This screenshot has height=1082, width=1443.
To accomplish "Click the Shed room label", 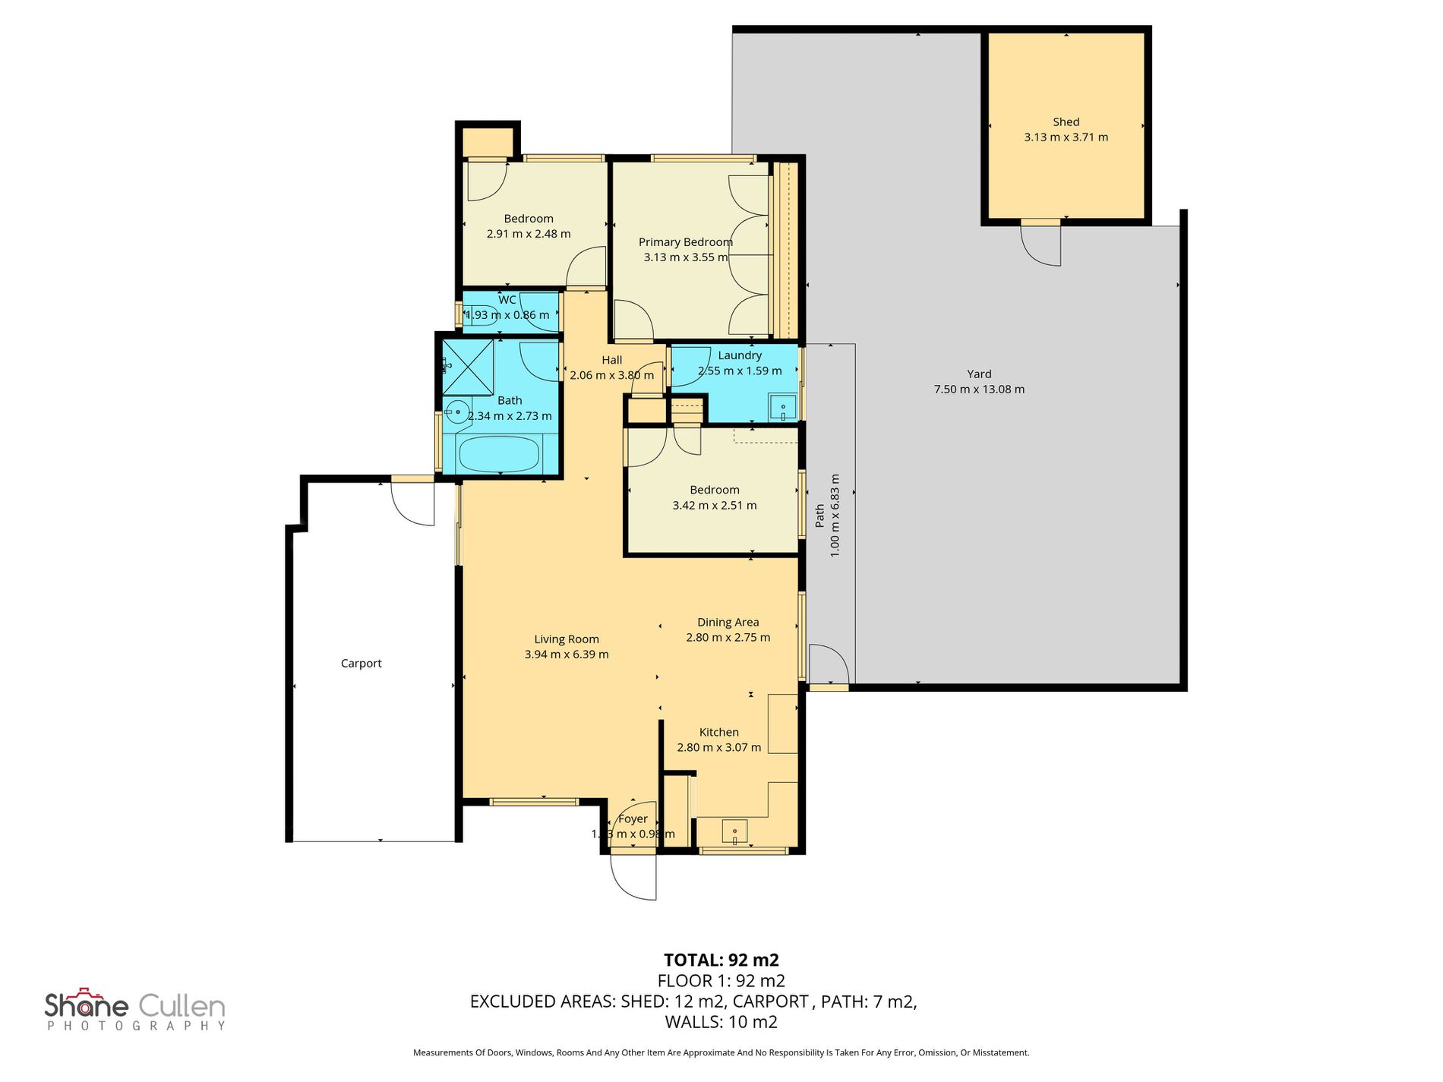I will point(1066,122).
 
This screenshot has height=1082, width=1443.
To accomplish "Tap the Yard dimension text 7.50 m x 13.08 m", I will point(979,390).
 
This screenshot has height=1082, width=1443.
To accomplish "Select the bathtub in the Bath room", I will point(499,453).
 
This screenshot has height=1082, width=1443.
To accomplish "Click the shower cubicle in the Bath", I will point(468,367).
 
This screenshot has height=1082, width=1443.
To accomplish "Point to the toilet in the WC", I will point(478,315).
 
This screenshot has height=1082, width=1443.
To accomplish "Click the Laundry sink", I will point(782,408).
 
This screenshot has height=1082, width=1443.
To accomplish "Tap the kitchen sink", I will point(734,831).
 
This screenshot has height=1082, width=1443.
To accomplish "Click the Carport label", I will point(361,664).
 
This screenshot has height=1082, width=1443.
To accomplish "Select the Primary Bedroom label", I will point(685,242).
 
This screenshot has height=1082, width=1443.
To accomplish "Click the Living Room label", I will point(566,639).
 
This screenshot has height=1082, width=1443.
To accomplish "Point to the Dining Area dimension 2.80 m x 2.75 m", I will point(728,638).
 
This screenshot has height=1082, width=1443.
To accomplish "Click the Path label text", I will point(819,516).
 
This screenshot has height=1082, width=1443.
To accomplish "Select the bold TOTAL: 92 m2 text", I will point(721,960).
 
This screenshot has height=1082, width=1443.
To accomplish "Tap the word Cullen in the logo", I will point(182,1007).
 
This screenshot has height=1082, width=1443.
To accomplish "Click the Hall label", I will point(611,361).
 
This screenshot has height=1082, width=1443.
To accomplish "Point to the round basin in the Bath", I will point(456,412).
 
